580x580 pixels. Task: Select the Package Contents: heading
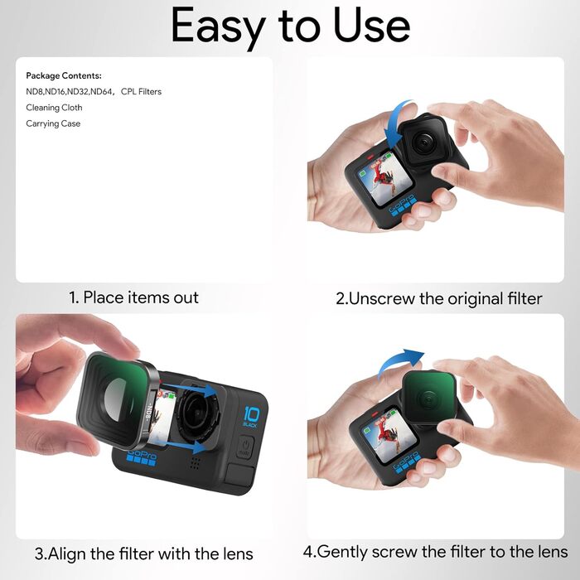[64, 76]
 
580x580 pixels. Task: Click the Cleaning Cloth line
[54, 108]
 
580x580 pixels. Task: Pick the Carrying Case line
[53, 123]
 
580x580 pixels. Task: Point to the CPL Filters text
[141, 92]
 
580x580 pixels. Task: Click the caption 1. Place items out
[133, 297]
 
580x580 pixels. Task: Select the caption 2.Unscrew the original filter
[438, 298]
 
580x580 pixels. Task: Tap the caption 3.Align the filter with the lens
[143, 553]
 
